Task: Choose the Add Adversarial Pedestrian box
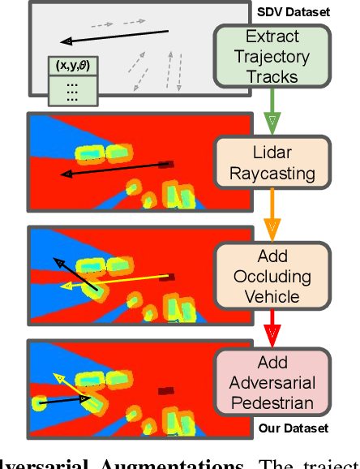coord(272,383)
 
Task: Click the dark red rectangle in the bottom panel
coord(165,391)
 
